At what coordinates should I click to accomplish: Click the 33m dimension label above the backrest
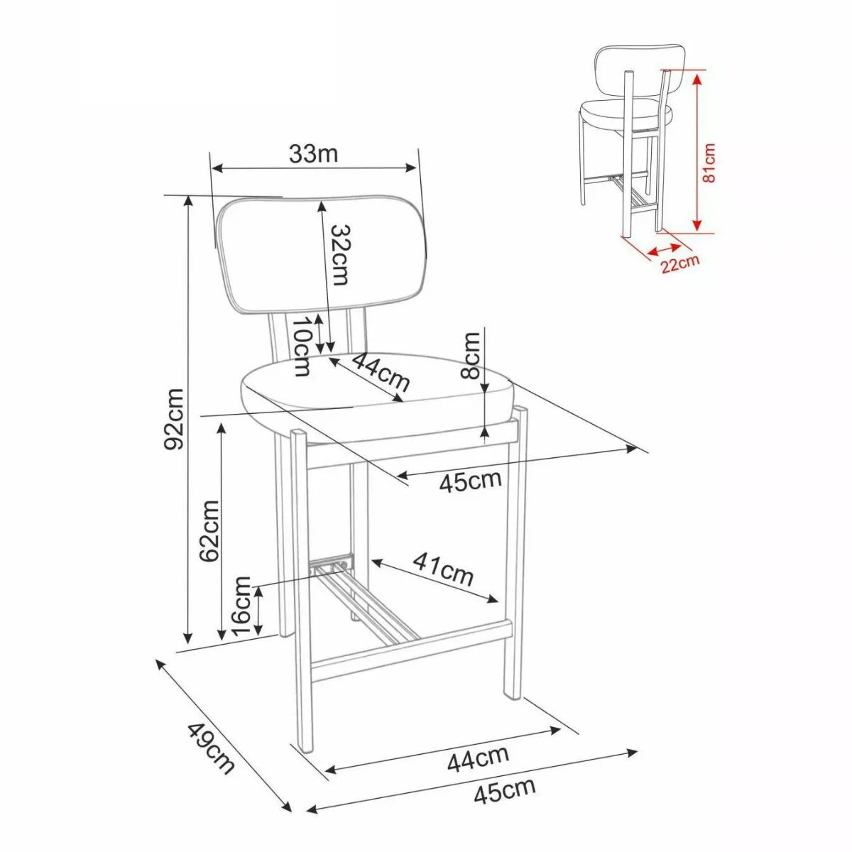click(314, 154)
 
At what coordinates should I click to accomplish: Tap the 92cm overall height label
click(173, 417)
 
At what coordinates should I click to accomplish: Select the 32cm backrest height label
click(341, 255)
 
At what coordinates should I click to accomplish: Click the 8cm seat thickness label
click(469, 356)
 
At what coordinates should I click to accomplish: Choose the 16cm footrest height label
click(241, 606)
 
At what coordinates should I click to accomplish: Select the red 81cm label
click(709, 163)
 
